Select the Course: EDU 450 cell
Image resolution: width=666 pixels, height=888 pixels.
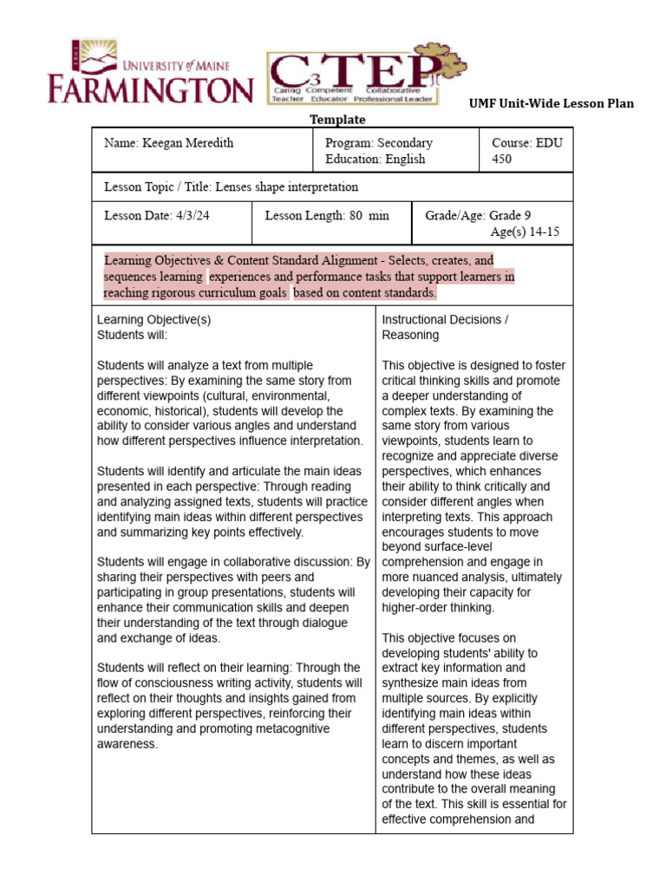coord(526,150)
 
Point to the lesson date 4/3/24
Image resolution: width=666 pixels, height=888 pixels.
coord(157,215)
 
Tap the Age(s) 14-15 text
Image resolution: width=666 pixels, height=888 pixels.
coord(526,232)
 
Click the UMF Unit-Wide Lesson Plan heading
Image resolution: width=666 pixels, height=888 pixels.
coord(552,103)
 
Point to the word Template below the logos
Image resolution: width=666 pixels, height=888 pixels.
coord(337,120)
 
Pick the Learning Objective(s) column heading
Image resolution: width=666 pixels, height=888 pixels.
coord(153,319)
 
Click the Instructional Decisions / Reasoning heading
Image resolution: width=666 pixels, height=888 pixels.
coord(445,326)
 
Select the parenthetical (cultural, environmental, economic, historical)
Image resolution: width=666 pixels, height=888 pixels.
coord(221,402)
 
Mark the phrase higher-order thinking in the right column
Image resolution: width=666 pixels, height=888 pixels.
coord(438,608)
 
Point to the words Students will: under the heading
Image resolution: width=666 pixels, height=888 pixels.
coord(132,335)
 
